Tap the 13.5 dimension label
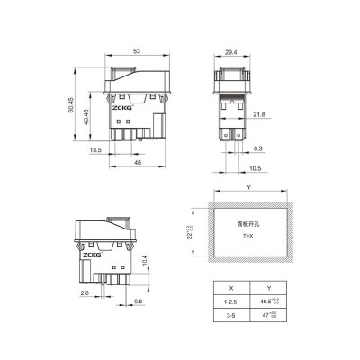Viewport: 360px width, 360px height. click(x=94, y=151)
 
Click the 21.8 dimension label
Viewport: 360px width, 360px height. click(x=258, y=113)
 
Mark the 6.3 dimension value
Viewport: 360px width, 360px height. click(x=258, y=148)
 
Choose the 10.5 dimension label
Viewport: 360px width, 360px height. click(x=255, y=168)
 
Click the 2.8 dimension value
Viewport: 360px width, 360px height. click(x=84, y=293)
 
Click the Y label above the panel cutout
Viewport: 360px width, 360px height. click(x=248, y=188)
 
